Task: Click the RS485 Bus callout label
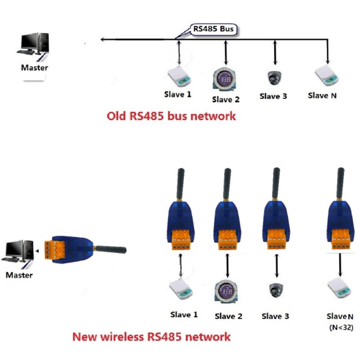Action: point(213,29)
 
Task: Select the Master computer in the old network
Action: point(33,44)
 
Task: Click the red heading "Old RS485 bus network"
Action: point(171,116)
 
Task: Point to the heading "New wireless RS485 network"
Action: point(152,337)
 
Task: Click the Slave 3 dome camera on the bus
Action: point(274,78)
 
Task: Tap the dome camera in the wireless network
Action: point(276,290)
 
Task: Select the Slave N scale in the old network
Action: point(327,75)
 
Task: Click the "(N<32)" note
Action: point(341,328)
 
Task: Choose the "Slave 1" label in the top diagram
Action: point(178,94)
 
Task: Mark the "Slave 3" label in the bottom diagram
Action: point(275,316)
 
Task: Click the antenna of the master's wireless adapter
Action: point(111,249)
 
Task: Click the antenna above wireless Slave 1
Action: point(180,184)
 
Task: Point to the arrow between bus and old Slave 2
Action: point(226,53)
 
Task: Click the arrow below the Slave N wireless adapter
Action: point(340,265)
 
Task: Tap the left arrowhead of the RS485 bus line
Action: point(103,40)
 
